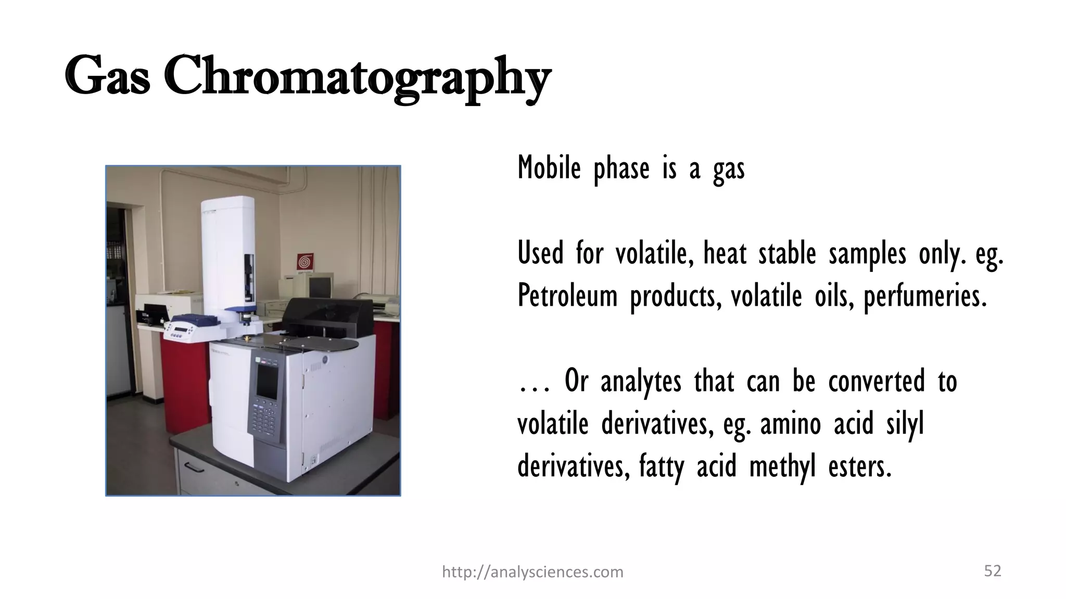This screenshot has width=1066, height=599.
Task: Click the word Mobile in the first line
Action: [x=549, y=168]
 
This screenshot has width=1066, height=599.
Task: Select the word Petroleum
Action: [x=567, y=296]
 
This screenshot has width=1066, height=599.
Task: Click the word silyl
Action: [x=905, y=424]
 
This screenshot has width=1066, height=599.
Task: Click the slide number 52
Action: [x=993, y=571]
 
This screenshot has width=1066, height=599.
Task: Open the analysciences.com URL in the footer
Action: [x=532, y=572]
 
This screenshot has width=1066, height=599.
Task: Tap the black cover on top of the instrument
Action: [x=328, y=312]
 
